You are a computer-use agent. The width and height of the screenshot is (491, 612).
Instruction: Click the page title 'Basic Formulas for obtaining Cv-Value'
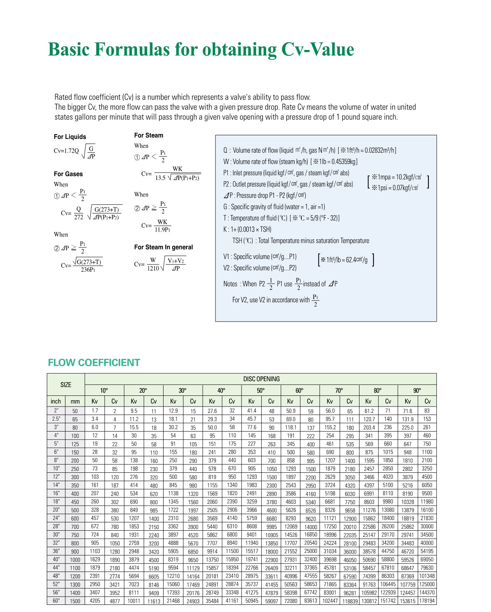pyautogui.click(x=201, y=50)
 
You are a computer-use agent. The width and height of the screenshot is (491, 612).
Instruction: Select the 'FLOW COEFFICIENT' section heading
pyautogui.click(x=94, y=363)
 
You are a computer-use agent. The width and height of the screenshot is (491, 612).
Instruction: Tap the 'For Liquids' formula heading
pyautogui.click(x=70, y=137)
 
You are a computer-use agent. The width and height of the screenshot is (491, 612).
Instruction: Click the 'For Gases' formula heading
pyautogui.click(x=68, y=174)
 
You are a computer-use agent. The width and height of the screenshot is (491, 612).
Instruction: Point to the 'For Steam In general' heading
pyautogui.click(x=163, y=247)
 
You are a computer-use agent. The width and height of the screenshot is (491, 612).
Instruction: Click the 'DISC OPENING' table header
pyautogui.click(x=261, y=379)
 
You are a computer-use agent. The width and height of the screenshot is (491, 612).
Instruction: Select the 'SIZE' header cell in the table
pyautogui.click(x=66, y=384)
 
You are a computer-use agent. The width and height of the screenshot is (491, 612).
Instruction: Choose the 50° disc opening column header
pyautogui.click(x=261, y=390)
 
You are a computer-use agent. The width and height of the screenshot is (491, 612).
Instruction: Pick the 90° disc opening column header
pyautogui.click(x=417, y=390)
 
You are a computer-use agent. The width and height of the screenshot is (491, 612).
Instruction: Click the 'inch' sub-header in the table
pyautogui.click(x=56, y=401)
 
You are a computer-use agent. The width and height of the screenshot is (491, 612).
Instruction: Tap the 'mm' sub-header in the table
pyautogui.click(x=75, y=401)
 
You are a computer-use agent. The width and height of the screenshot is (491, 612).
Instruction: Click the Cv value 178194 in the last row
pyautogui.click(x=427, y=601)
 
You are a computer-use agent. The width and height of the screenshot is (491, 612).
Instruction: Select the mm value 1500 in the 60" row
pyautogui.click(x=75, y=601)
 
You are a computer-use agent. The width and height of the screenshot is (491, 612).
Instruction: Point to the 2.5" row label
pyautogui.click(x=56, y=419)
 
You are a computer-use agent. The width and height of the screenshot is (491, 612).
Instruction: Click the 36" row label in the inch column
pyautogui.click(x=56, y=551)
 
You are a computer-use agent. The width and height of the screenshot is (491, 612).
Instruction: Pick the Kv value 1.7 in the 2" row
pyautogui.click(x=95, y=411)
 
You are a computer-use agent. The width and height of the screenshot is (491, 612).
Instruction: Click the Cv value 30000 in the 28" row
pyautogui.click(x=427, y=526)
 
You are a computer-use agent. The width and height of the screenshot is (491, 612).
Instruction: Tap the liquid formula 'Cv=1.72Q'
pyautogui.click(x=67, y=151)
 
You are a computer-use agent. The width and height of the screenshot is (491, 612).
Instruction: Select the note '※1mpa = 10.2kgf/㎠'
pyautogui.click(x=396, y=177)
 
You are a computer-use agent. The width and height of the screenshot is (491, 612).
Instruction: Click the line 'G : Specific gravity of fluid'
pyautogui.click(x=274, y=207)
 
